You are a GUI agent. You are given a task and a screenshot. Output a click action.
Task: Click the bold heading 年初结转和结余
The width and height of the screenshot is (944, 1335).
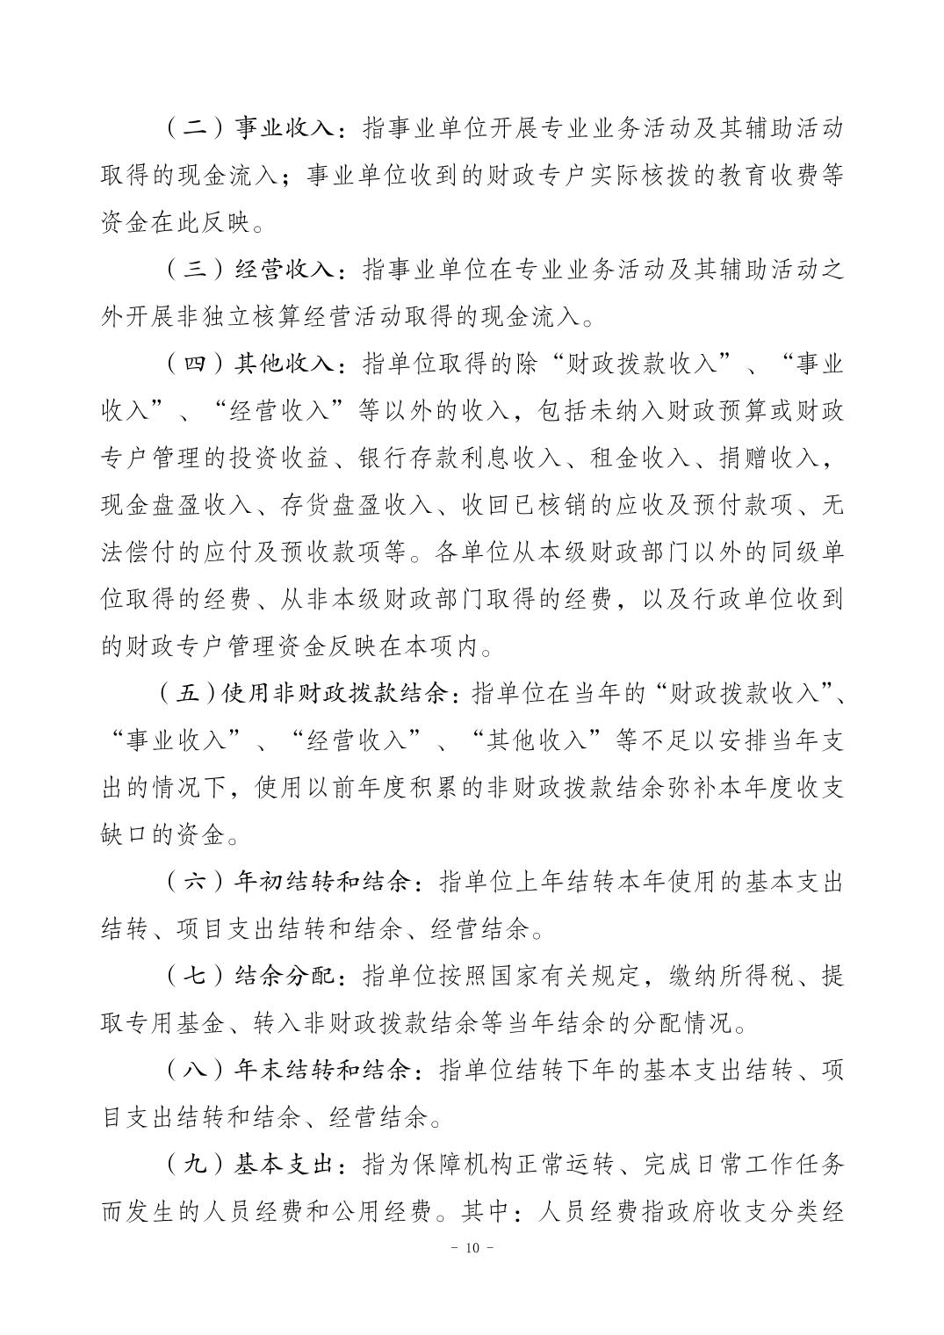(322, 882)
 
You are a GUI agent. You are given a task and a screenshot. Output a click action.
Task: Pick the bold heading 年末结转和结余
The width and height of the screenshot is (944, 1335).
(322, 1071)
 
